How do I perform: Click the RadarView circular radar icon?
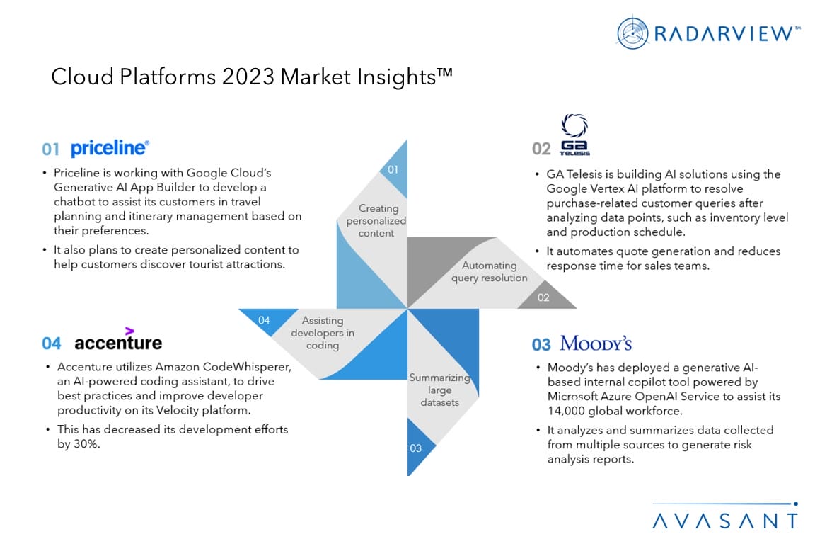[x=632, y=33]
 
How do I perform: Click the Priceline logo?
[x=110, y=148]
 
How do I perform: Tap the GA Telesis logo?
[x=574, y=135]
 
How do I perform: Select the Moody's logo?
[x=596, y=344]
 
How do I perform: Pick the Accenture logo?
[x=118, y=339]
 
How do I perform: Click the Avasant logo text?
[x=725, y=521]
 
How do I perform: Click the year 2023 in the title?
[x=248, y=77]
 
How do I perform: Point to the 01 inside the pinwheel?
[x=393, y=170]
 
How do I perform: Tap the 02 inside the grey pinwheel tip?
[x=543, y=297]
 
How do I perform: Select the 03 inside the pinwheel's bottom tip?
[x=415, y=448]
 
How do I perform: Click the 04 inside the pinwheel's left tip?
[x=264, y=321]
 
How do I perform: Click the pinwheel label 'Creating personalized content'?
[x=376, y=221]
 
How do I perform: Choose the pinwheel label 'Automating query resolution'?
[x=489, y=272]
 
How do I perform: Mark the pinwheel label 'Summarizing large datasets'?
[x=440, y=390]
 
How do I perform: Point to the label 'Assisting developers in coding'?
[x=323, y=333]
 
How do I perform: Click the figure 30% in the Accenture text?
[x=86, y=444]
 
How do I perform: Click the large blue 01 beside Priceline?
[x=51, y=149]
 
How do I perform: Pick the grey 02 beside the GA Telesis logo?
[x=541, y=149]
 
